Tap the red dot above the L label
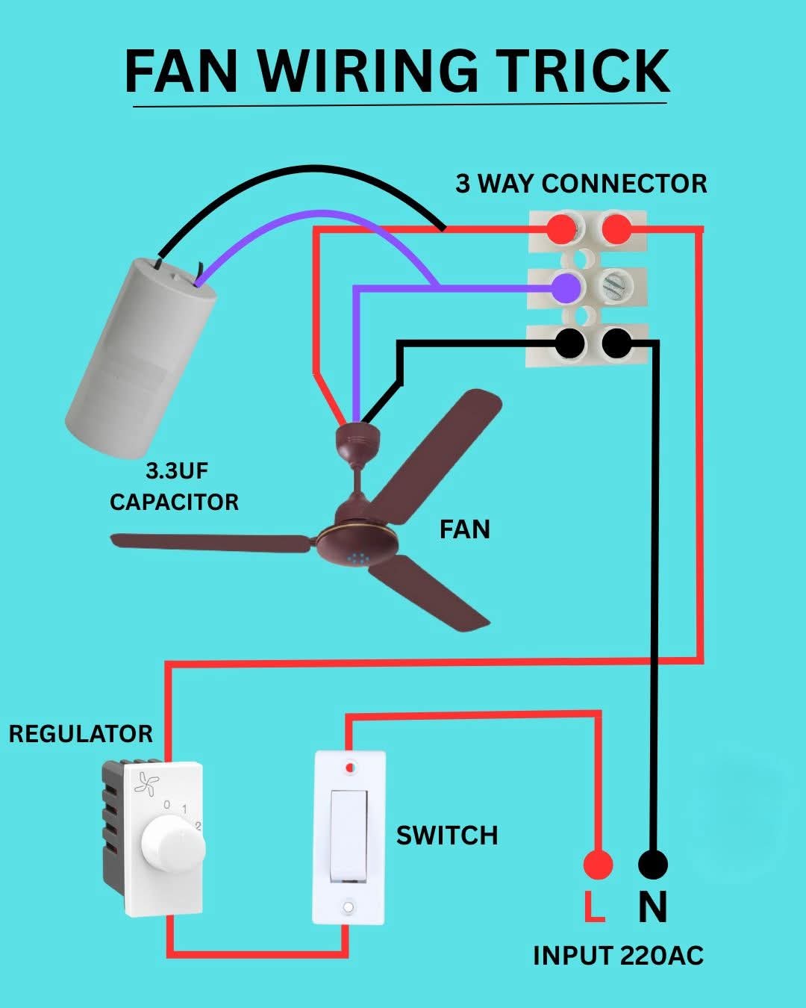tap(597, 865)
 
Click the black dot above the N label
tap(653, 865)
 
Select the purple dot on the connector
tap(566, 287)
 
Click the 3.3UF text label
tap(177, 471)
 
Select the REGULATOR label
tap(81, 734)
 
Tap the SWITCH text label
tap(446, 836)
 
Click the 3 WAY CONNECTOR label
tap(581, 184)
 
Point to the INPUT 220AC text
tap(618, 956)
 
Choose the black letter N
tap(652, 907)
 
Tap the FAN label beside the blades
tap(464, 529)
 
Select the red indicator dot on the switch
tap(349, 767)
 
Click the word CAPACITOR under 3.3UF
tap(174, 502)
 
